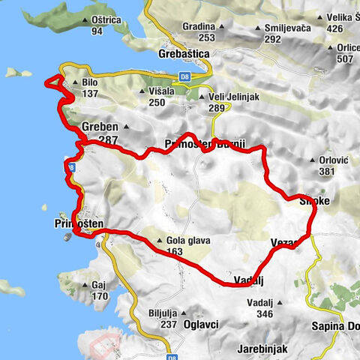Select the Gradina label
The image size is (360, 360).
(x=198, y=26)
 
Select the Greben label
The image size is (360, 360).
(x=100, y=127)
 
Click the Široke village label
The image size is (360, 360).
(x=314, y=200)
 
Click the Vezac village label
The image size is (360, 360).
(x=284, y=242)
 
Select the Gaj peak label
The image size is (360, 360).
(x=100, y=286)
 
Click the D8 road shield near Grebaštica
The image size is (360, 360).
(x=184, y=74)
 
